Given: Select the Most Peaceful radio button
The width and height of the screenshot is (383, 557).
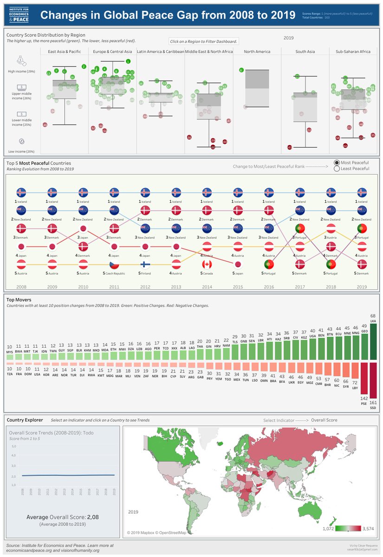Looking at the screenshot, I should (x=337, y=163).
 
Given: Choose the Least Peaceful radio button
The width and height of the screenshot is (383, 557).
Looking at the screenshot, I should (x=337, y=169).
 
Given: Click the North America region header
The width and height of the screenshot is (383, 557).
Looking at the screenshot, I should (x=257, y=52).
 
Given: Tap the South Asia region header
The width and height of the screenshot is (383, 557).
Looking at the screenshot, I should (x=305, y=52).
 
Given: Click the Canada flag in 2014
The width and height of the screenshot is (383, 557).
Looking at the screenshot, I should (x=207, y=265).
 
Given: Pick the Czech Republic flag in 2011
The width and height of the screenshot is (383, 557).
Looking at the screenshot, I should (x=114, y=265).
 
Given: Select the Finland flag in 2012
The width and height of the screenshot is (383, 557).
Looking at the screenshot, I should (x=145, y=265).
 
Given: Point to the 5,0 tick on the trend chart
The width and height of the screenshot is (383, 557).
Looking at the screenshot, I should (x=13, y=447).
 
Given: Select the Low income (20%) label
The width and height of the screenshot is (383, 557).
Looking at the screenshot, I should (x=21, y=152).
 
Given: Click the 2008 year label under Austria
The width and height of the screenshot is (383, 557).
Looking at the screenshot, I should (x=21, y=287).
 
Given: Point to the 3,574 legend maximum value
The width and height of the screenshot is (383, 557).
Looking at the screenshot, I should (x=369, y=528).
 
